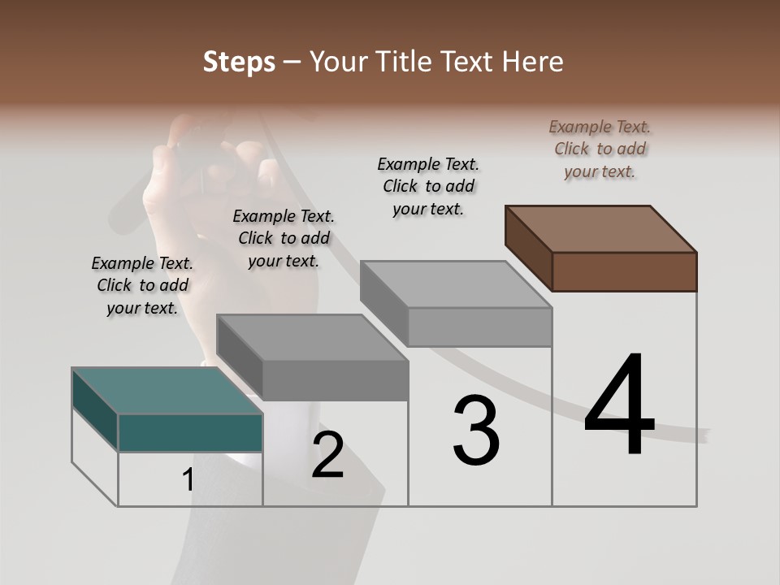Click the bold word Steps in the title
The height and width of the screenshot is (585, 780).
click(x=239, y=62)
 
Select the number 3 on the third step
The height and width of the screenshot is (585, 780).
click(x=476, y=431)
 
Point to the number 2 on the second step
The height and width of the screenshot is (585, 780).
click(x=327, y=455)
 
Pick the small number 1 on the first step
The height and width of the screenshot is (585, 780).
click(x=188, y=480)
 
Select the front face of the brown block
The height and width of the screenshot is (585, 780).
click(x=624, y=271)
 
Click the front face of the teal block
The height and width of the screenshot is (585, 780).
click(x=190, y=432)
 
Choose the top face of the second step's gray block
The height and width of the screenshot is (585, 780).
click(x=313, y=337)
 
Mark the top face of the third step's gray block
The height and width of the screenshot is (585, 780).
click(x=457, y=284)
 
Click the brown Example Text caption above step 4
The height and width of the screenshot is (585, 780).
click(x=600, y=149)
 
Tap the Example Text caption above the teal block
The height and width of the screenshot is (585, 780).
click(x=142, y=285)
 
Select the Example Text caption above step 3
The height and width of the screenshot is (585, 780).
click(x=428, y=186)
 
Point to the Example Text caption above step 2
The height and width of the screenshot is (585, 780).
click(x=284, y=238)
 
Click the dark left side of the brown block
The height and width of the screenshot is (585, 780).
click(x=528, y=248)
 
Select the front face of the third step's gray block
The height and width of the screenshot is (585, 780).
click(x=479, y=327)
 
